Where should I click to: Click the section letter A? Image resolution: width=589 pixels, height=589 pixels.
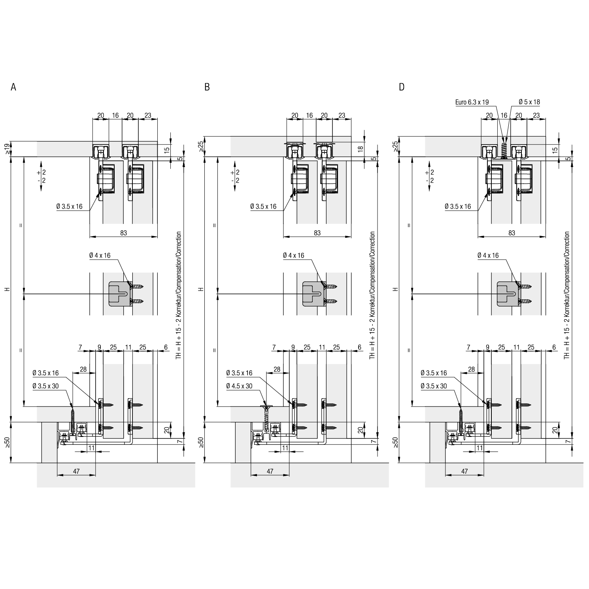click(13, 87)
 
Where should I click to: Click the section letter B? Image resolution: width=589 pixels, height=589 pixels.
click(207, 87)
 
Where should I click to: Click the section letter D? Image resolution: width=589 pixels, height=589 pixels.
click(402, 87)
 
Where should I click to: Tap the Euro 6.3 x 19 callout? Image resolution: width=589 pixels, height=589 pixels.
click(472, 102)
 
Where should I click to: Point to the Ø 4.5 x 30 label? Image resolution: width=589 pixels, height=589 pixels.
click(239, 386)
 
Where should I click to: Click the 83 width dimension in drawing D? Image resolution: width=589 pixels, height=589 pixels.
click(512, 233)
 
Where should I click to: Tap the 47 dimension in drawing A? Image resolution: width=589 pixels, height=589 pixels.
click(77, 471)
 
